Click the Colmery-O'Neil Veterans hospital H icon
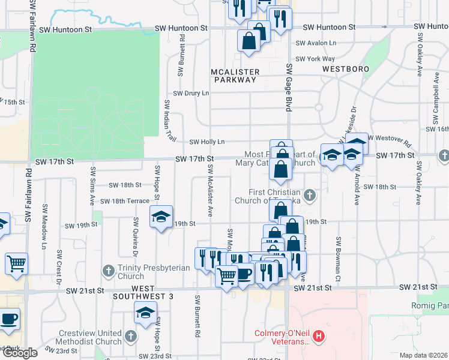coord(319,337)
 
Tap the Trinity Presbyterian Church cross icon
coord(109,271)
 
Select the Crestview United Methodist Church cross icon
coord(131,334)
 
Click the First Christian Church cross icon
coord(310,194)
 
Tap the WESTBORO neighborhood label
coord(345,69)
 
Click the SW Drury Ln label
coord(191,93)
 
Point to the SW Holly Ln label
coord(206,142)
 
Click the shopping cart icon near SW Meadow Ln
coord(16,263)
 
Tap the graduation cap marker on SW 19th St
coord(161,217)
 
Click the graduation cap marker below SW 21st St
coord(145,313)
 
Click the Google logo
coord(20,353)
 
